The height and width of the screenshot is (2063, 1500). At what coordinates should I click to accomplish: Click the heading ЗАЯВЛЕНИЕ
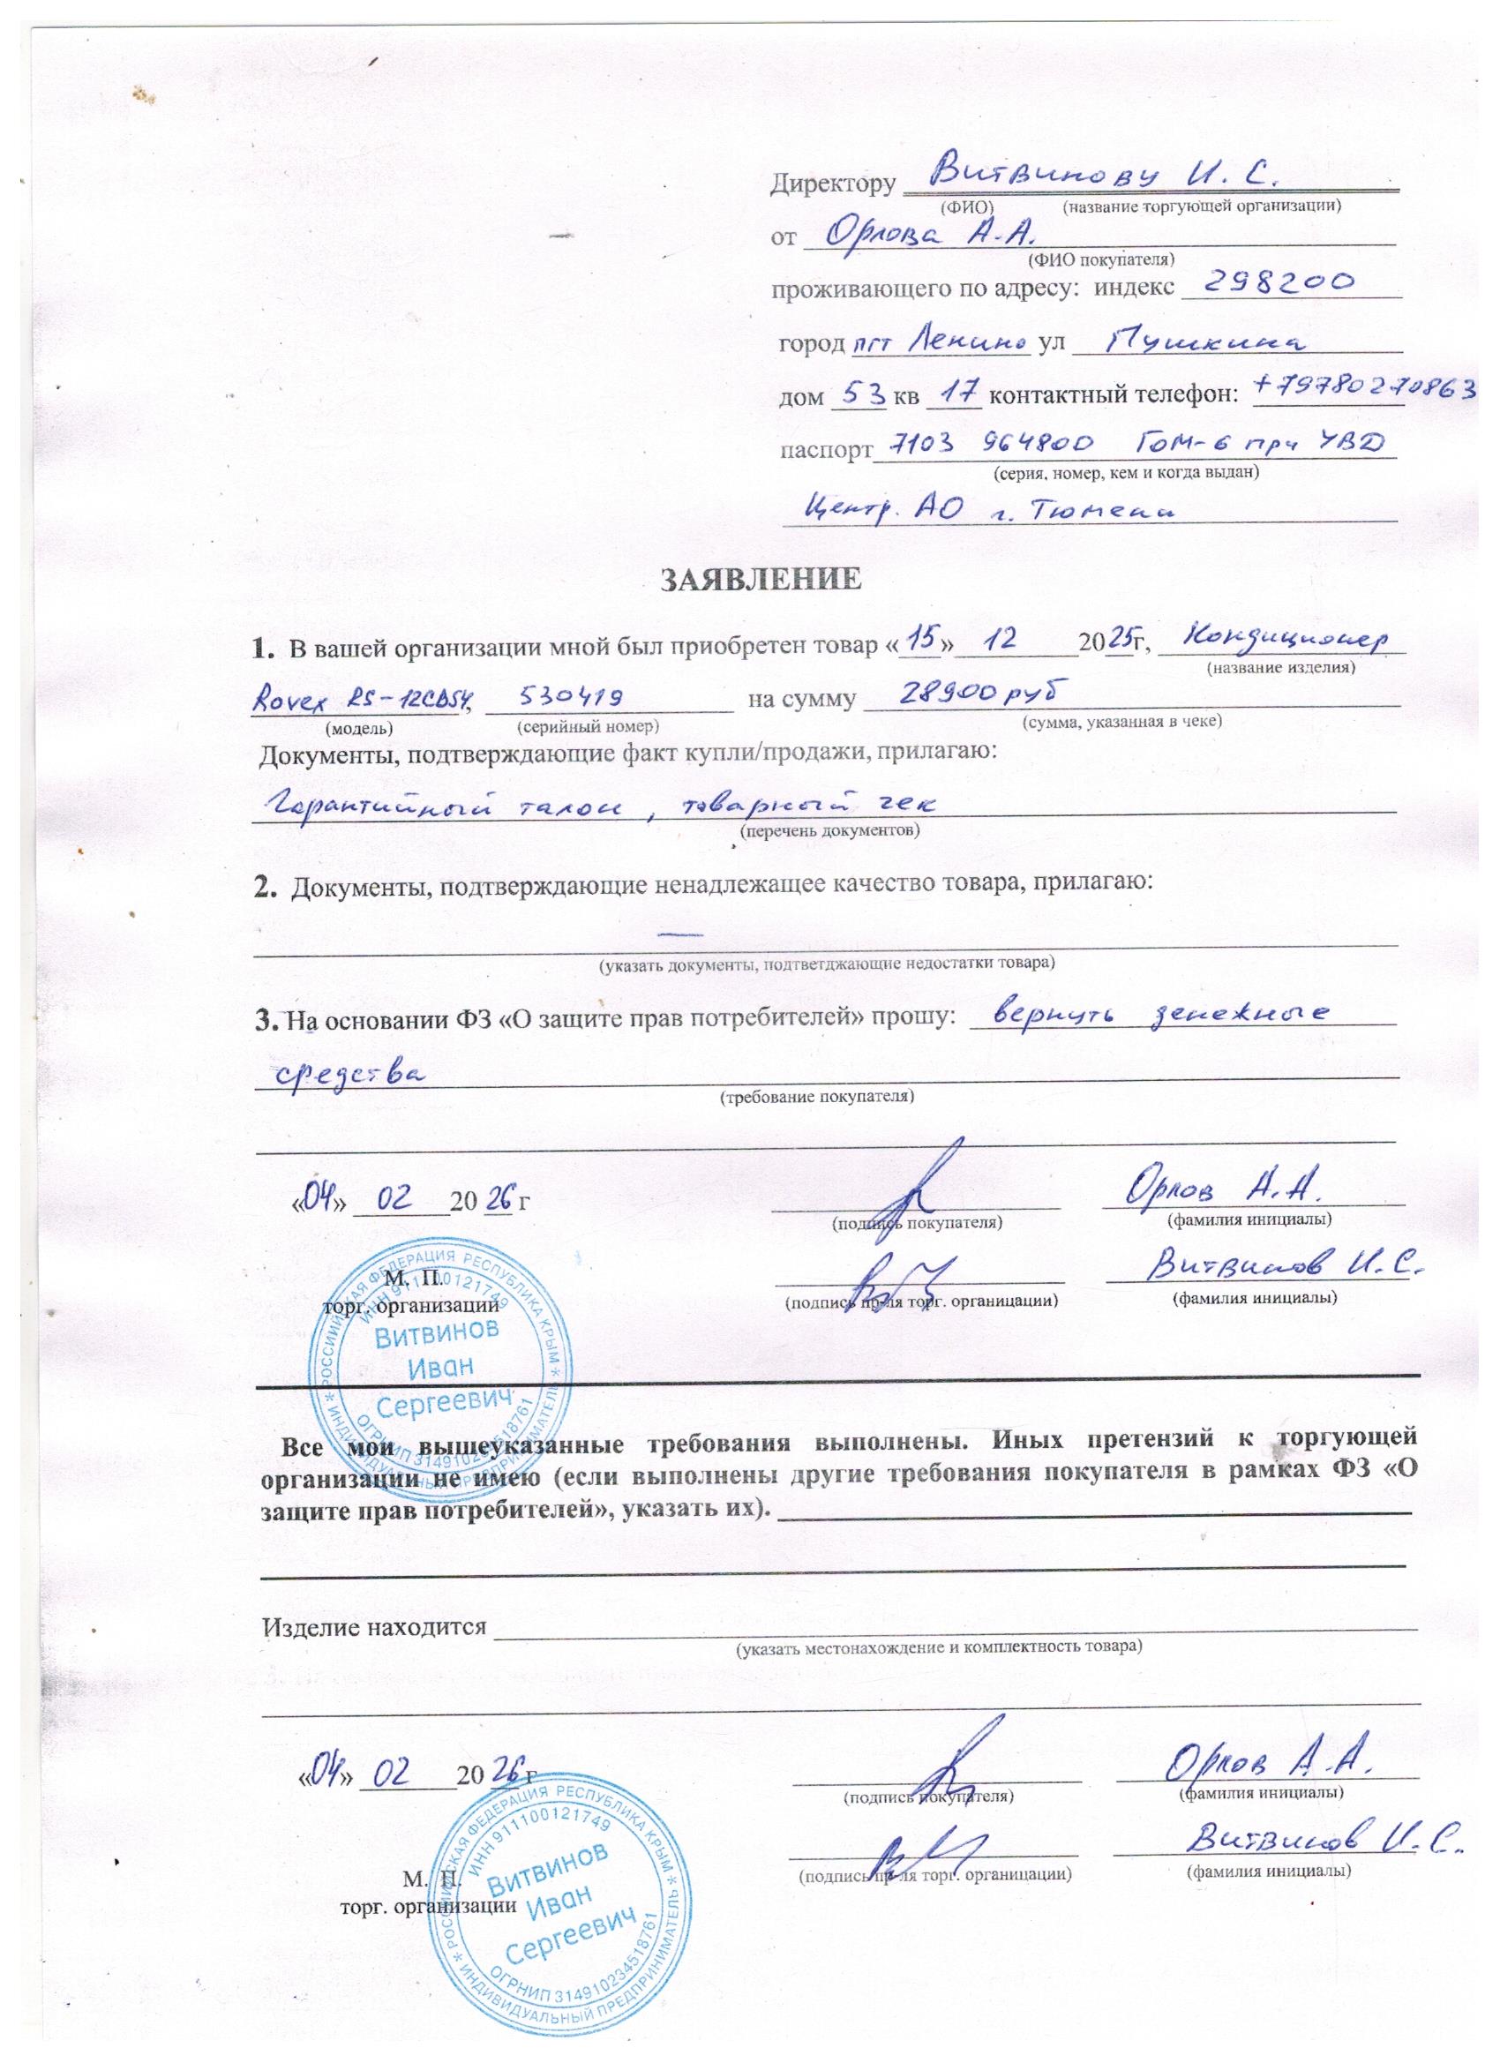tap(760, 579)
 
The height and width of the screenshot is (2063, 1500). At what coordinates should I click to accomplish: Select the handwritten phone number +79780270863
tap(1364, 390)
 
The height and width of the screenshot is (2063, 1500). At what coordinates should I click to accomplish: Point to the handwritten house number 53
tap(859, 394)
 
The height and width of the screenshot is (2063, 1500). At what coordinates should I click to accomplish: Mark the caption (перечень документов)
tap(829, 830)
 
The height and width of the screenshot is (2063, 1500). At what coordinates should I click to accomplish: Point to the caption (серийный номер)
tap(587, 726)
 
